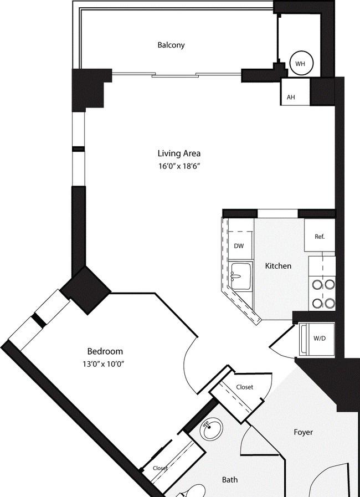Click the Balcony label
pos(171,45)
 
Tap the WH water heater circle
pos(301,63)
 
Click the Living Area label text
pos(179,153)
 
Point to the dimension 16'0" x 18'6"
pos(179,166)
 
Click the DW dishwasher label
pos(239,246)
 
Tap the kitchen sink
pos(240,275)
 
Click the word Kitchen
pos(278,266)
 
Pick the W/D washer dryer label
pos(320,338)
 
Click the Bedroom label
pos(105,351)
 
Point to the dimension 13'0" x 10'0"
pos(103,364)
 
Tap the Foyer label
pos(304,432)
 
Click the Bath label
pos(230,480)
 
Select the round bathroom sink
pos(212,429)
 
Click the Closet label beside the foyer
pos(245,387)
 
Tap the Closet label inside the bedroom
pos(160,468)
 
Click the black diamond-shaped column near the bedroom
pos(85,290)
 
